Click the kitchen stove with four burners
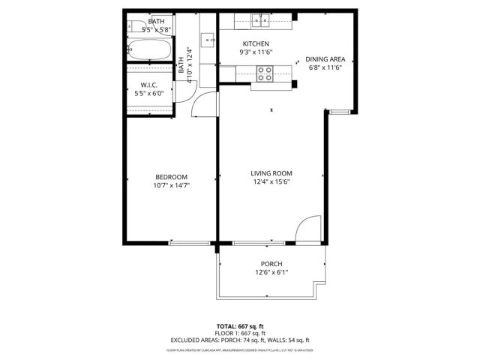pos(265,73)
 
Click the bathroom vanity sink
pos(208,37)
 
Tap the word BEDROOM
pos(172,177)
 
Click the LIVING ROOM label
pos(271,173)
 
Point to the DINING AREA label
pos(325,58)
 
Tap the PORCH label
pos(271,264)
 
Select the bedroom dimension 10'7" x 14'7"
pos(172,185)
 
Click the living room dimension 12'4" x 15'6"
pos(271,181)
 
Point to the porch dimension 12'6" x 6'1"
pos(271,272)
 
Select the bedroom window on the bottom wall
pos(190,243)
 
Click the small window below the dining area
pos(341,112)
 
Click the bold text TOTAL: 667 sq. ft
pos(240,326)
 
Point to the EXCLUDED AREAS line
pos(240,340)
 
